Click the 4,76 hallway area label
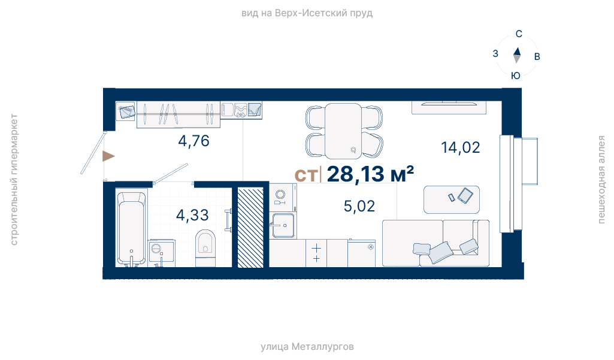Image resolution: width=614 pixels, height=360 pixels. click(194, 141)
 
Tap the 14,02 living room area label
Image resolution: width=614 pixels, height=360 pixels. click(461, 148)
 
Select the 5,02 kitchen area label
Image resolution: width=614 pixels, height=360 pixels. click(359, 206)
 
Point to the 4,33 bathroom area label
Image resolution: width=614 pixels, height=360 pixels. click(192, 215)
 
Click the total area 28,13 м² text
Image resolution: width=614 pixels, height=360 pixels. click(370, 174)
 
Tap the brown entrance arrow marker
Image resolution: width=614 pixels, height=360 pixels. click(108, 156)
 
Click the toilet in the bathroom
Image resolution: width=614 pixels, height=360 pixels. click(205, 249)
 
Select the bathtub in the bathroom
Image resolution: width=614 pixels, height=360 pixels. click(132, 228)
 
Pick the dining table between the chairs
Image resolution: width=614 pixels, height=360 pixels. click(343, 131)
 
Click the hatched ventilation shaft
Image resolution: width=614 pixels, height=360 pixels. click(250, 228)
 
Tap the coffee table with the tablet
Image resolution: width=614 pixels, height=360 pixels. click(452, 200)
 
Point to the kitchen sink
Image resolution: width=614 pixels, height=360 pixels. click(283, 225)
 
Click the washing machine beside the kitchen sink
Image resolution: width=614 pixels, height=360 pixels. click(283, 198)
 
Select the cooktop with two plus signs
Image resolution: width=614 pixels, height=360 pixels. click(316, 253)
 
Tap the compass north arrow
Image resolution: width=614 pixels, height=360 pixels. click(517, 55)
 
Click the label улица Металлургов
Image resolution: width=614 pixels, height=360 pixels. click(307, 347)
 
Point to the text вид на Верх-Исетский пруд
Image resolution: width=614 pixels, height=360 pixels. click(307, 13)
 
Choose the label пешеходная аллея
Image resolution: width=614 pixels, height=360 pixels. click(601, 180)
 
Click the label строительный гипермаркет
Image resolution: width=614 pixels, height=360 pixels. click(14, 180)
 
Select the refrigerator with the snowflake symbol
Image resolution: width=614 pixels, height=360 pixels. click(361, 253)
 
